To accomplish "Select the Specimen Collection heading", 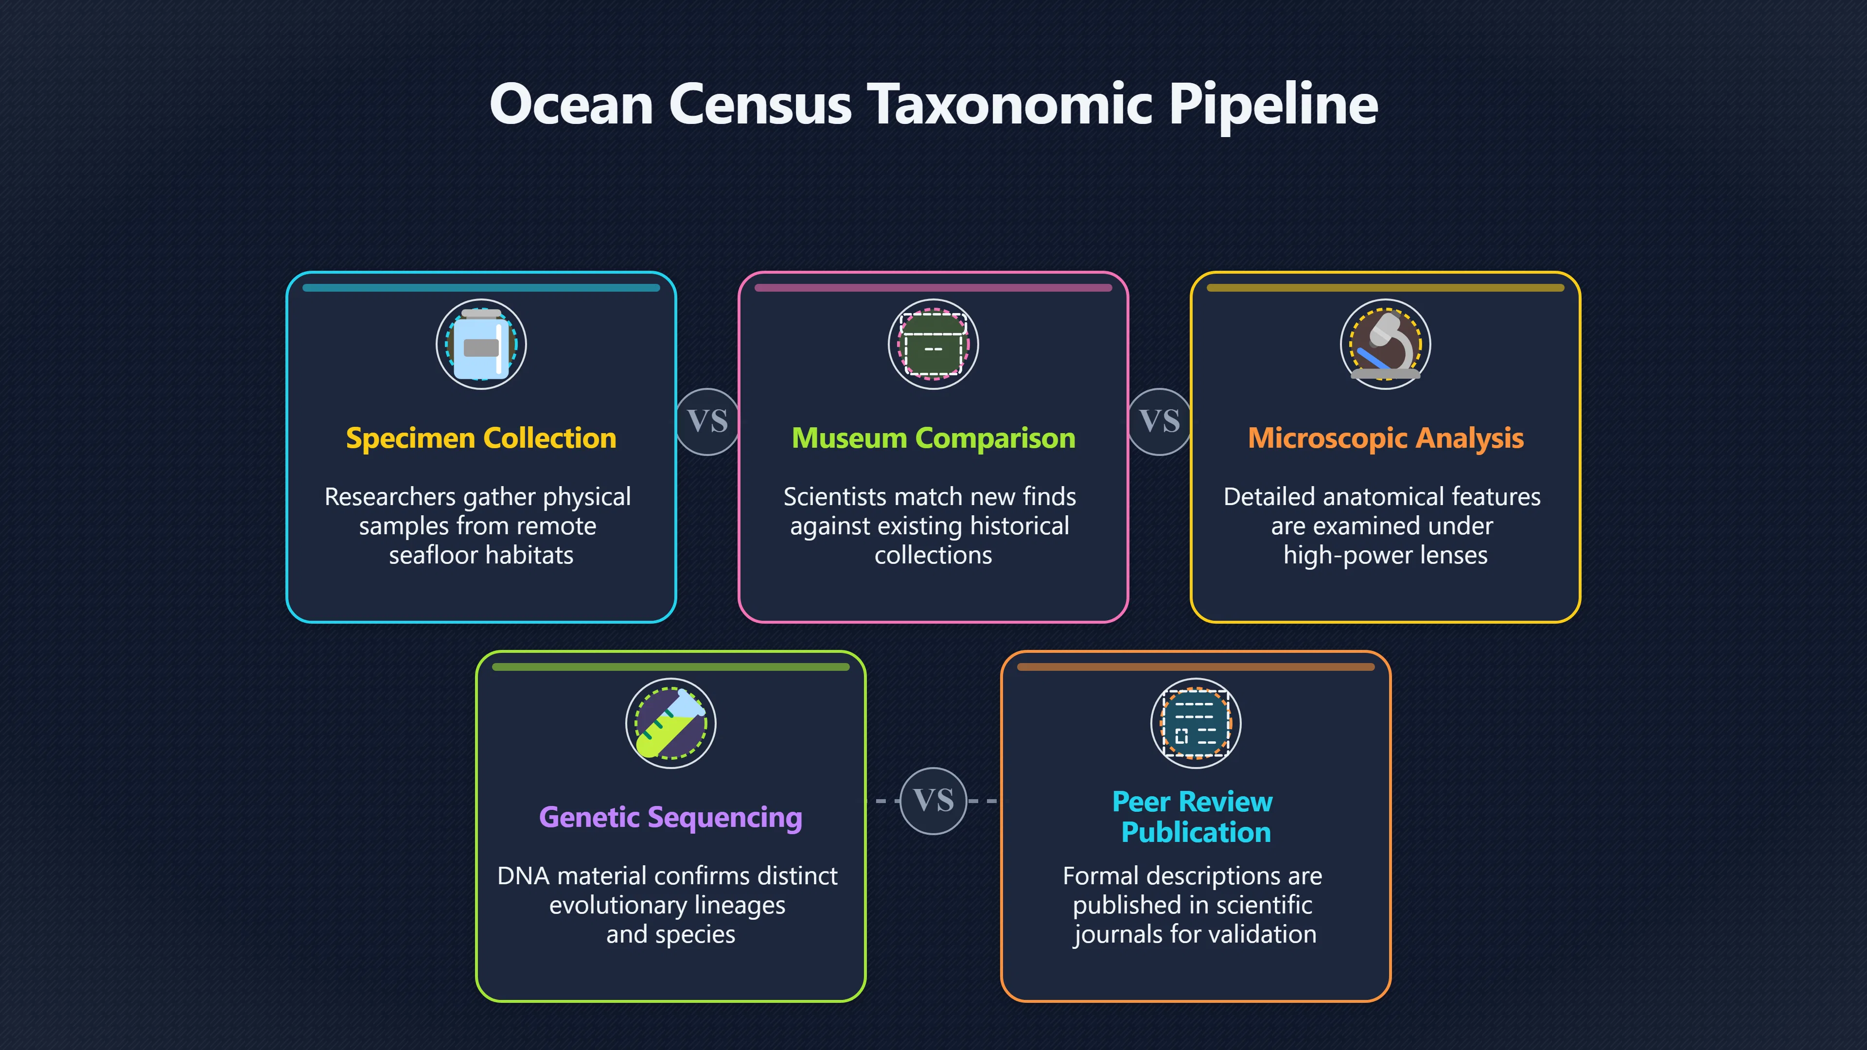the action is point(481,438).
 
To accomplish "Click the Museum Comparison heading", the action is point(933,438).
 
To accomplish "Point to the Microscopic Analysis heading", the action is point(1386,438).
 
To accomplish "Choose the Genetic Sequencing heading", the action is point(670,817).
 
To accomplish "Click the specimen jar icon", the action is point(481,344).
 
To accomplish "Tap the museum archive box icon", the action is point(933,344).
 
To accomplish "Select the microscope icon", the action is point(1386,344).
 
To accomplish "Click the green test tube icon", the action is point(671,723).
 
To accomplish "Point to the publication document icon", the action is point(1196,723).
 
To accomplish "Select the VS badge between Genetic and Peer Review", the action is point(933,801).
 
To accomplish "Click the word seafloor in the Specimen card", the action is point(441,555).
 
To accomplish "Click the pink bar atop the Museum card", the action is point(933,288).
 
